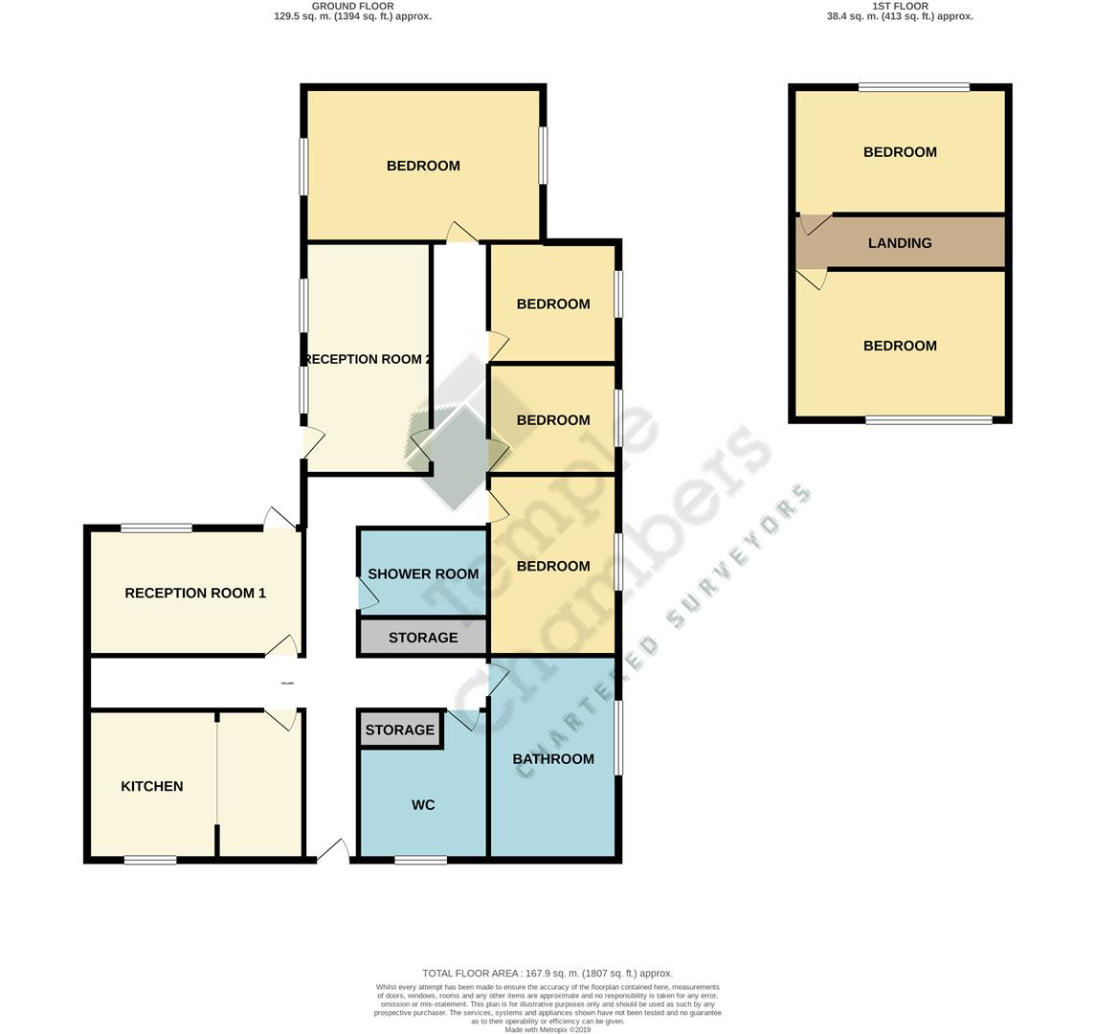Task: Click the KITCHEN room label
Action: coord(151,786)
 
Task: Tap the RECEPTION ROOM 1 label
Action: coord(195,593)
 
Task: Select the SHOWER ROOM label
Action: coord(422,573)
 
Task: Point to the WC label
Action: coord(423,805)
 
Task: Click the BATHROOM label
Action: coord(553,758)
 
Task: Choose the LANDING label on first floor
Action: coord(900,243)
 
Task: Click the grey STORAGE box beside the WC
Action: coord(400,730)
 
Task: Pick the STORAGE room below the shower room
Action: coord(423,638)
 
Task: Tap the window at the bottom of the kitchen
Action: coord(150,860)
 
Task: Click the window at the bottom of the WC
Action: coord(421,860)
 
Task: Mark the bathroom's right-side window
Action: coord(619,738)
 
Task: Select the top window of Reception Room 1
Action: coord(156,528)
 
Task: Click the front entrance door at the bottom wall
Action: coord(332,851)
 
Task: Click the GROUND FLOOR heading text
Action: coord(352,6)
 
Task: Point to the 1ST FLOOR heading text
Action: coord(900,6)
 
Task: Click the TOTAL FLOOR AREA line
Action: coord(547,973)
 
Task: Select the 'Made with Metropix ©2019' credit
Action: coord(547,1029)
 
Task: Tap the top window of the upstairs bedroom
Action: coord(914,87)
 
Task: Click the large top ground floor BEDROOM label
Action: coord(423,166)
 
